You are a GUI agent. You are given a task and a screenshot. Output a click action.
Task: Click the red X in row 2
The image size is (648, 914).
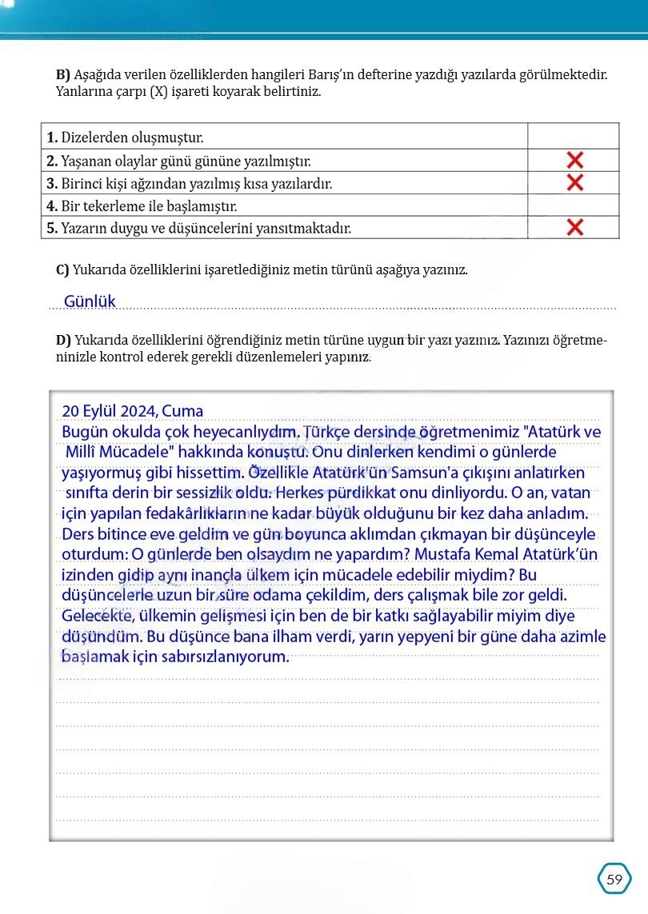click(x=574, y=159)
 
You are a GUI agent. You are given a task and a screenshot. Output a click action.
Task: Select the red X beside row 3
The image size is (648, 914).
click(x=574, y=182)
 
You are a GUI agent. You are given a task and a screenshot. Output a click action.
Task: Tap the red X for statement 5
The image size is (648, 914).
click(x=574, y=227)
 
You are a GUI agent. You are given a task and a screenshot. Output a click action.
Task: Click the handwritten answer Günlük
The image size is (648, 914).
click(x=90, y=301)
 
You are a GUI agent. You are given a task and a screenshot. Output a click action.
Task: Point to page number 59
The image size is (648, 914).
click(x=614, y=879)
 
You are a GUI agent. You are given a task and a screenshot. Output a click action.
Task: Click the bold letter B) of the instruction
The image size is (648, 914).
click(x=63, y=74)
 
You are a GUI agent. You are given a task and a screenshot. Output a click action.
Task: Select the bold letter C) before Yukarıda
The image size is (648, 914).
click(x=62, y=269)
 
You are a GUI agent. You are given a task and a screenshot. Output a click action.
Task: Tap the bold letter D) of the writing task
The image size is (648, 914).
click(x=63, y=341)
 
